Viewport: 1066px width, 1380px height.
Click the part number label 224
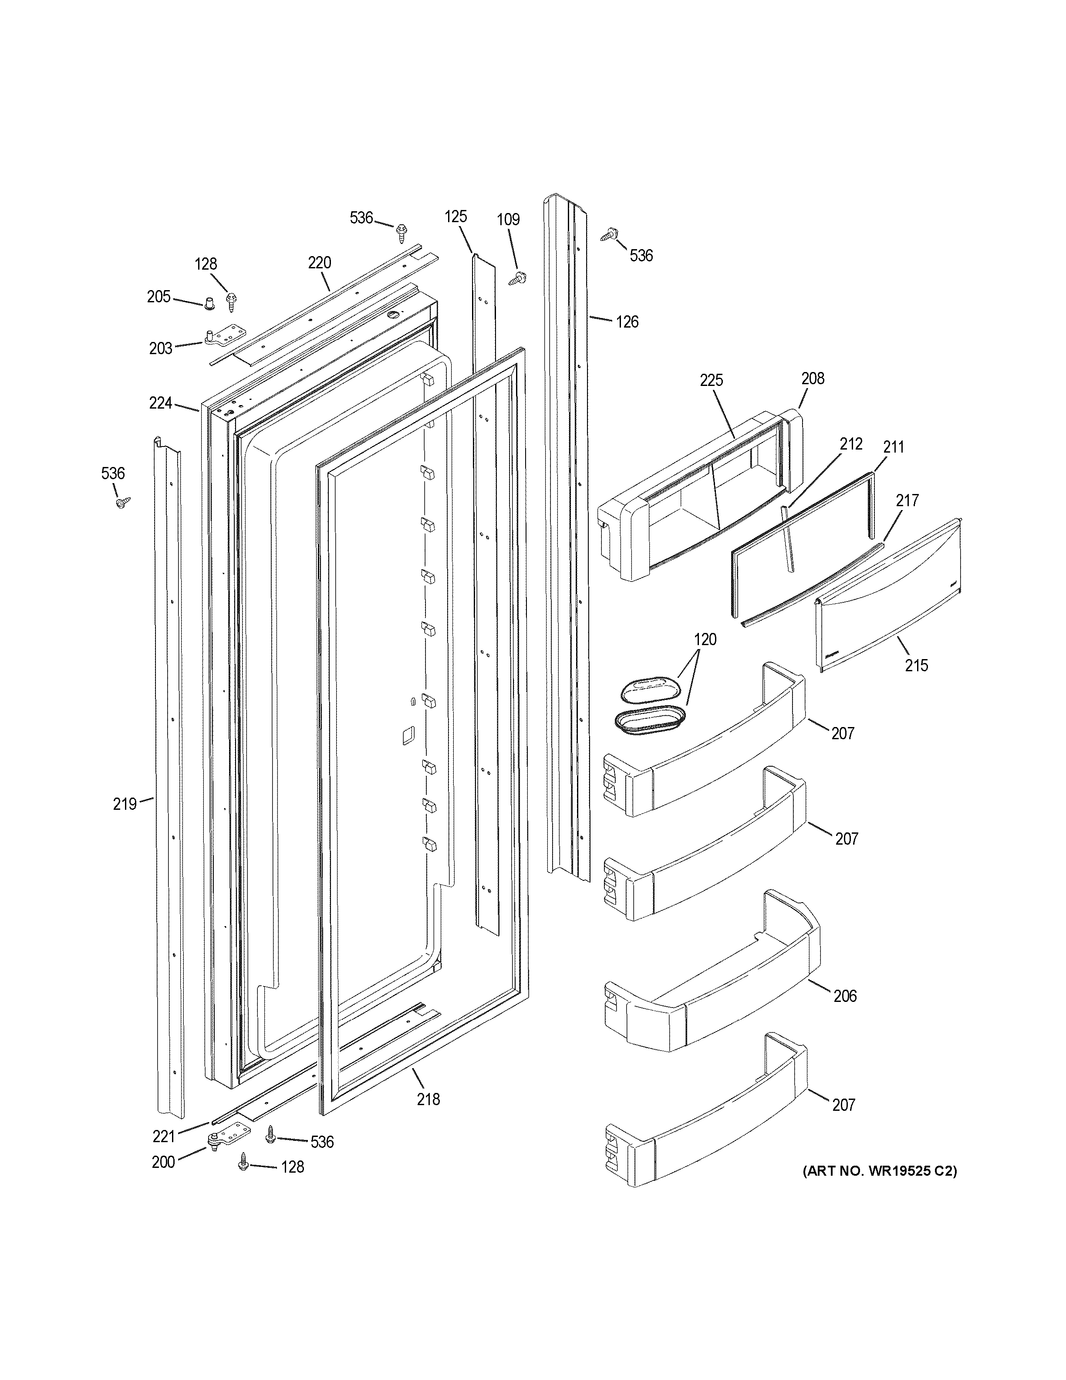click(x=160, y=402)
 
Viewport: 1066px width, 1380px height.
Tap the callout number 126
click(x=627, y=322)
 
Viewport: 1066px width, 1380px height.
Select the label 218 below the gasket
click(x=428, y=1099)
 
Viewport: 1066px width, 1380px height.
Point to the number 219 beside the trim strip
click(x=125, y=804)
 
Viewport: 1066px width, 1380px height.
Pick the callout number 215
click(x=916, y=665)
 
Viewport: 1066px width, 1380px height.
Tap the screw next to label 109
click(x=520, y=277)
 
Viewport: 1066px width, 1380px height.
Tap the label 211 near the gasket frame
click(x=893, y=447)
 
